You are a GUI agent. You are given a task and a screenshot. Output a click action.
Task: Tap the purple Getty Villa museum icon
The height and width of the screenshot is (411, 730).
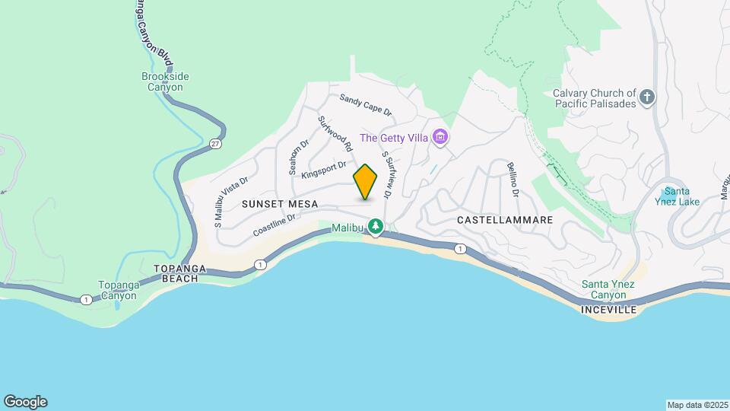pyautogui.click(x=440, y=138)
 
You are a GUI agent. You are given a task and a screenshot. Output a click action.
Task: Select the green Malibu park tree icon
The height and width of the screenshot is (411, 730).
pyautogui.click(x=376, y=226)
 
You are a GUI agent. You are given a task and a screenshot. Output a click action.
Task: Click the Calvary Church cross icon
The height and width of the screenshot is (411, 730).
pyautogui.click(x=646, y=97)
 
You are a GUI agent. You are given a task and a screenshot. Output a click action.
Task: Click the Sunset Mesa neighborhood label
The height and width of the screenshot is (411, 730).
pyautogui.click(x=279, y=204)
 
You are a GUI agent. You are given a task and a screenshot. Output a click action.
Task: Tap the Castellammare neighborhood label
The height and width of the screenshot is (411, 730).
pyautogui.click(x=505, y=219)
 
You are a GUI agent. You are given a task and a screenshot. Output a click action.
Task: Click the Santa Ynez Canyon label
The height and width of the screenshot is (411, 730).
pyautogui.click(x=609, y=289)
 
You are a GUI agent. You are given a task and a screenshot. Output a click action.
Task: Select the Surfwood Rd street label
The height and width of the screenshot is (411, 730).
pyautogui.click(x=335, y=132)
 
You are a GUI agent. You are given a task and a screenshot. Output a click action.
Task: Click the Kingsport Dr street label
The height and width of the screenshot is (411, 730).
pyautogui.click(x=323, y=170)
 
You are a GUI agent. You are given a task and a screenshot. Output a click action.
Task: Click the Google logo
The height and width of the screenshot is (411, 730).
pyautogui.click(x=25, y=402)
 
